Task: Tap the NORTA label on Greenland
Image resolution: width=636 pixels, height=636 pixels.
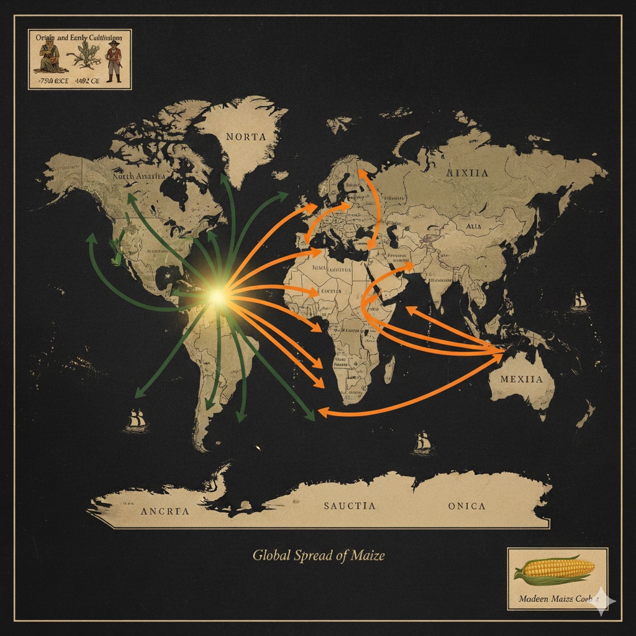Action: [246, 137]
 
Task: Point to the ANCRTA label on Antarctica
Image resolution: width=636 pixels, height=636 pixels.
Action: [165, 512]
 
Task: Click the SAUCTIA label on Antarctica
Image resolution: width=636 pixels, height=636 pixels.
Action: [350, 506]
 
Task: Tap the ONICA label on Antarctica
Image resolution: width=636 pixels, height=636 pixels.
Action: [466, 506]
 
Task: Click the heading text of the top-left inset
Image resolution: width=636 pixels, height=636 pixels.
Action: [79, 38]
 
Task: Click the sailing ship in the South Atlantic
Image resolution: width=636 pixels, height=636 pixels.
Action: [422, 442]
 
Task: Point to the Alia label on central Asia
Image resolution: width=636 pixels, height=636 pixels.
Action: [473, 227]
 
